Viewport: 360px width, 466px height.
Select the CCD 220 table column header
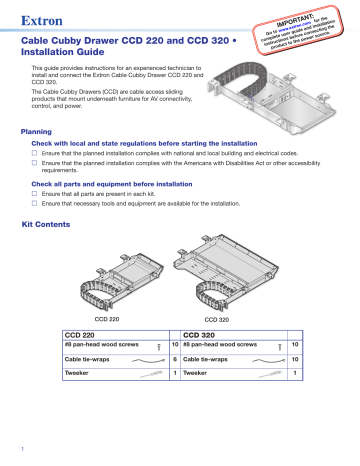pos(82,333)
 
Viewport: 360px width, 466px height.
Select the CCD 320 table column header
pos(203,333)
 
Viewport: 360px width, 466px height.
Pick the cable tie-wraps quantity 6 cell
pos(175,358)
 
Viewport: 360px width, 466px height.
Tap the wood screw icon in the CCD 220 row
pos(160,344)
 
